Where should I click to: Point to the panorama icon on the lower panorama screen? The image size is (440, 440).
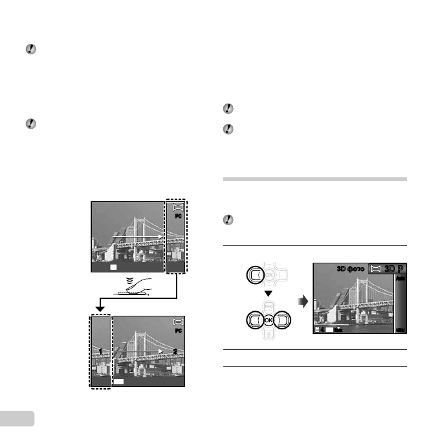tap(178, 322)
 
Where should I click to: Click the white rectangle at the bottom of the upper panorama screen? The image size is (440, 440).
tap(113, 266)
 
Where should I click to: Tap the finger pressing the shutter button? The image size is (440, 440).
tap(138, 285)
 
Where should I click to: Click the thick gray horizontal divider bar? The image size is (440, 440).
tap(314, 179)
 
